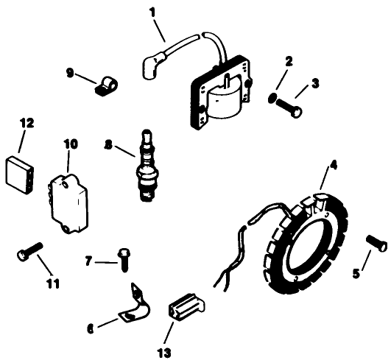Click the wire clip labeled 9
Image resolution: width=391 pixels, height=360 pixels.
click(x=104, y=87)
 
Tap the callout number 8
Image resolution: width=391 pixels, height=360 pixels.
click(x=108, y=145)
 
